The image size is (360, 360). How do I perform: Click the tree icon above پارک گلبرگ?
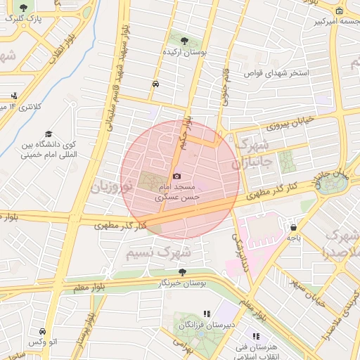(24, 7)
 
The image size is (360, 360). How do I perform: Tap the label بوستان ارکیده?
(183, 51)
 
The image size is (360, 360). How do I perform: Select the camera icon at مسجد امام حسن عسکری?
(176, 176)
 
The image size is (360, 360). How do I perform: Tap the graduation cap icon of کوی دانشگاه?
(49, 134)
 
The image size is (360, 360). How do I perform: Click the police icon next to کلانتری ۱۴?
(14, 96)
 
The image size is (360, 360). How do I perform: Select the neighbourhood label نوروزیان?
(111, 187)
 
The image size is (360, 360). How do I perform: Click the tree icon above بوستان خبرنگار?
(183, 271)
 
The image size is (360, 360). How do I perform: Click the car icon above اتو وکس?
(42, 330)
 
